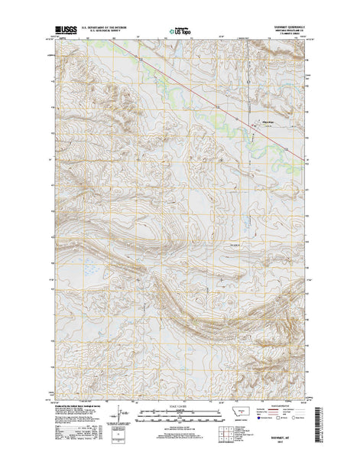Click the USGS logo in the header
(x=64, y=32)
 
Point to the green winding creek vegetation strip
(x=229, y=115)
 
